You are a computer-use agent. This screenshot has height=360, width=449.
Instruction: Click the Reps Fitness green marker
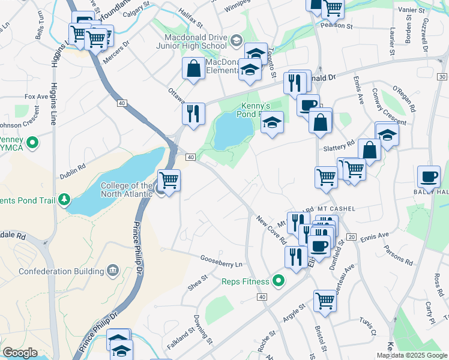[278, 280]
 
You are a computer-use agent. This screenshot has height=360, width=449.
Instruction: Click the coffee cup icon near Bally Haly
[429, 176]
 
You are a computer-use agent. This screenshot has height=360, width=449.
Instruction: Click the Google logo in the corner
[20, 353]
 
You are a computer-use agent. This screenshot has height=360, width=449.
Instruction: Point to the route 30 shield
[442, 77]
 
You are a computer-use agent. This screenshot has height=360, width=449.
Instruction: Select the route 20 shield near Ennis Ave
[352, 237]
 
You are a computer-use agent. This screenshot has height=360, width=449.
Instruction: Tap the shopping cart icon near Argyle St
[325, 300]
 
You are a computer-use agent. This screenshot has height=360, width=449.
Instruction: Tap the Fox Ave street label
[36, 96]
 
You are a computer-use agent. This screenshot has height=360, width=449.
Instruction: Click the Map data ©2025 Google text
[411, 355]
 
